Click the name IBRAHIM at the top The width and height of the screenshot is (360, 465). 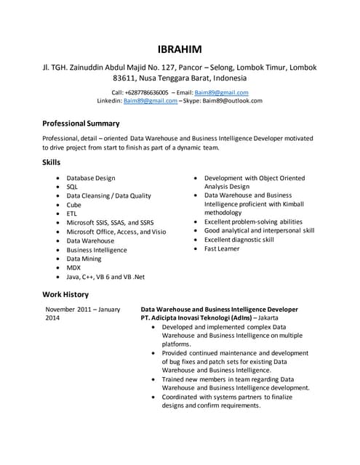[180, 49]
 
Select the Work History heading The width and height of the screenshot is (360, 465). [65, 294]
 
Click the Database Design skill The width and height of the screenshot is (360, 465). [91, 178]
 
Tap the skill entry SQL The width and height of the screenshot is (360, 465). [73, 187]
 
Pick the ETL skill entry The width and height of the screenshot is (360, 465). [72, 214]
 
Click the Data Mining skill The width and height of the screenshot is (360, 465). [84, 259]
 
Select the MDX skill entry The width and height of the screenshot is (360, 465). [74, 267]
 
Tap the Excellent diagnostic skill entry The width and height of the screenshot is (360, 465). [239, 240]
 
